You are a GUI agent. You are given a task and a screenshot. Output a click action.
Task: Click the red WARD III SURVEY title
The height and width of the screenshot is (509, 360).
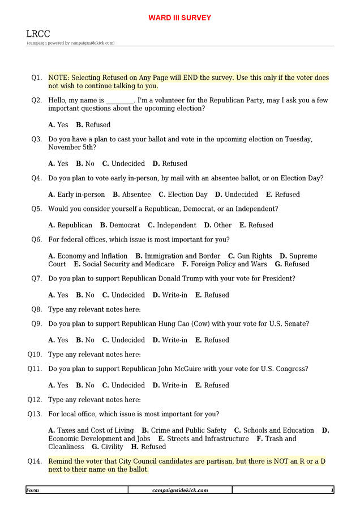tap(179, 18)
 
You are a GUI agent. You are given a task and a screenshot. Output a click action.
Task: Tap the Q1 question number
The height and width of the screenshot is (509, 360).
tap(37, 78)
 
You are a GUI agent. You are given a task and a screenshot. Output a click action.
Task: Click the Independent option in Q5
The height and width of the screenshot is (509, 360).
tap(172, 225)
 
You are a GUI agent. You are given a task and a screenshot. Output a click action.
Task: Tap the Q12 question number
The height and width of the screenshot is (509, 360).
tap(35, 400)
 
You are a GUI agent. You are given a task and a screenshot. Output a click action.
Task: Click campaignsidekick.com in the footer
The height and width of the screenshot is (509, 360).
tap(180, 490)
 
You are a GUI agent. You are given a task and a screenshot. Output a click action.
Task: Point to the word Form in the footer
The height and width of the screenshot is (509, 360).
tap(33, 490)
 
